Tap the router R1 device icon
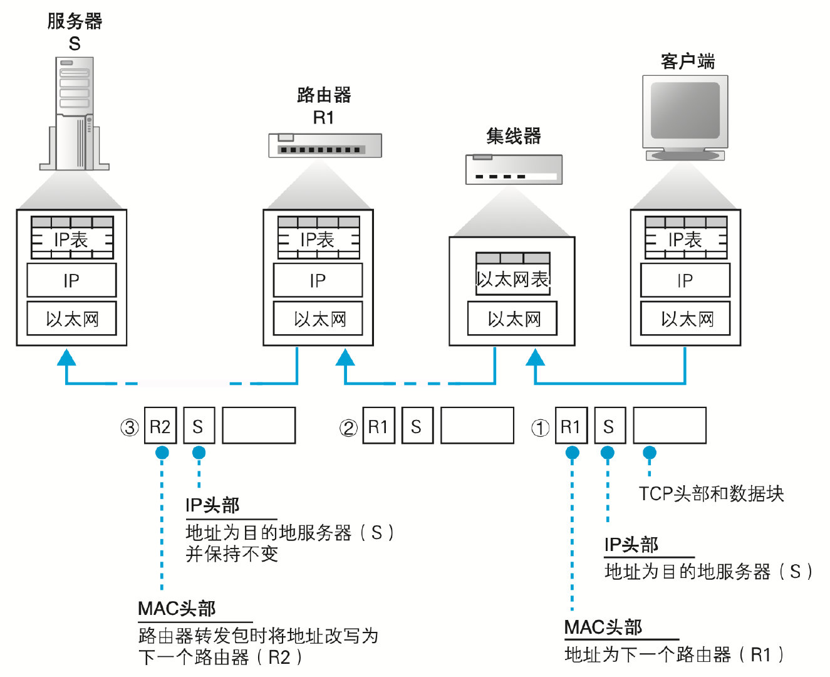(x=324, y=145)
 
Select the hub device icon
(x=514, y=169)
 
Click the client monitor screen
(x=685, y=111)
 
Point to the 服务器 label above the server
(x=75, y=21)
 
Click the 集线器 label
(x=514, y=136)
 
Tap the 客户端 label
(x=687, y=61)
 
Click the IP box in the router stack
(x=318, y=280)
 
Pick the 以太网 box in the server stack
(x=71, y=319)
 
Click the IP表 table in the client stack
(x=686, y=238)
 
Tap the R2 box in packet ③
(x=160, y=426)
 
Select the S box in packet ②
(x=417, y=426)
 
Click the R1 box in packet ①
(x=571, y=426)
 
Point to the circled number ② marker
(x=348, y=428)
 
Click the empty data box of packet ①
(x=669, y=426)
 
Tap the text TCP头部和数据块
(x=711, y=494)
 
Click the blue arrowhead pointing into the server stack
(x=66, y=358)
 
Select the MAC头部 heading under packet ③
(x=177, y=608)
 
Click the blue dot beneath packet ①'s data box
(x=650, y=453)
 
